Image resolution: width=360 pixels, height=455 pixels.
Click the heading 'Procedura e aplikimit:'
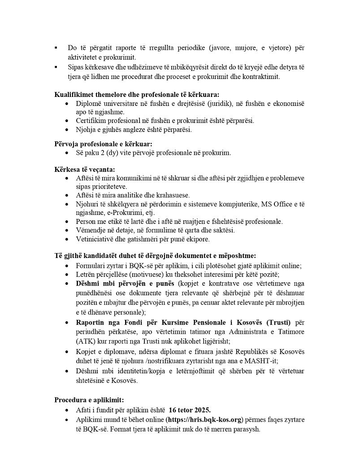click(89, 400)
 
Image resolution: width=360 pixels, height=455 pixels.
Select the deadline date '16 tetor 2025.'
click(190, 410)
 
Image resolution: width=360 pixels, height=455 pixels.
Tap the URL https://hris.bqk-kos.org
click(204, 420)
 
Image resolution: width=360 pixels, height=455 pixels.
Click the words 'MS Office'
click(275, 205)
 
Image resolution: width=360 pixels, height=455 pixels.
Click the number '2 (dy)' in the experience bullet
click(106, 153)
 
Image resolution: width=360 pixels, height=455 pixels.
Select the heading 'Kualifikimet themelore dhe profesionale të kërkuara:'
click(137, 95)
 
